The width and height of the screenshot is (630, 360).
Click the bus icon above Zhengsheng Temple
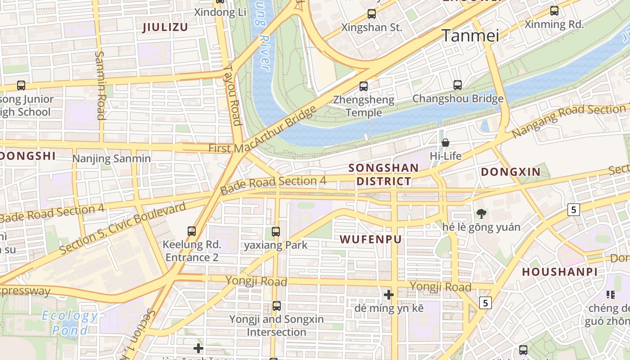tap(364, 86)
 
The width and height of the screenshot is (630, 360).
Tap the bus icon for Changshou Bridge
tap(458, 85)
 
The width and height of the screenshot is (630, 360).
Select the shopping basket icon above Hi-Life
tap(445, 143)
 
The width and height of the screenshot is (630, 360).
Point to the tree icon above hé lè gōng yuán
tap(481, 213)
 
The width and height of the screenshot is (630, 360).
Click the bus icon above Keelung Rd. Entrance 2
tap(192, 231)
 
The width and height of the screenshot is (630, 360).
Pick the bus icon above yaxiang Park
tap(276, 232)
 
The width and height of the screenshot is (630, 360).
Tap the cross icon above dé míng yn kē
tap(389, 295)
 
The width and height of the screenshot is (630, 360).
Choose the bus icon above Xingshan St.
tap(372, 14)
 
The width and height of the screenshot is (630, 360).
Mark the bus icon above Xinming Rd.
tap(554, 11)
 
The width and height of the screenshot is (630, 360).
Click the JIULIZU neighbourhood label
tap(165, 27)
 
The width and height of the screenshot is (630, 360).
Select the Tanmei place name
tap(470, 36)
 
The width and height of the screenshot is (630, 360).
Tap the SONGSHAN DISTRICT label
tap(384, 175)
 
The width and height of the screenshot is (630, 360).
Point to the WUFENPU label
tap(370, 239)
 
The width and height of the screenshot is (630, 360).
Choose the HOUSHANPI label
tap(560, 272)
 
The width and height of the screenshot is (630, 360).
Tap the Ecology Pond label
tap(70, 323)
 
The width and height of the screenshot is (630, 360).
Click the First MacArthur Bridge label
tap(262, 130)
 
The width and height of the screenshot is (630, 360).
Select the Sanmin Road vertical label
tap(100, 85)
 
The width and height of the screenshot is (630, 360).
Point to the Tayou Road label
tap(233, 95)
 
